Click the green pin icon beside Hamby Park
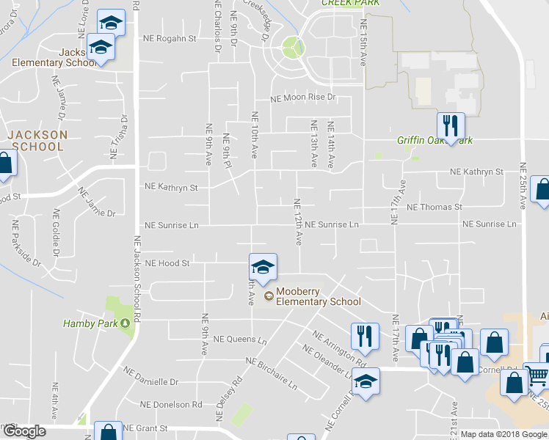point(125,323)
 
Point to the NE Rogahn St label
point(170,38)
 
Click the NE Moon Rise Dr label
point(302,97)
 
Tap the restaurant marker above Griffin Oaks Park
point(450,126)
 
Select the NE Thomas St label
point(434,208)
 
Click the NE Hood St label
point(168,263)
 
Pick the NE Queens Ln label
point(240,340)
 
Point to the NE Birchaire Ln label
point(272,373)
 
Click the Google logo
point(23,431)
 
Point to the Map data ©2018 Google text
point(503,434)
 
